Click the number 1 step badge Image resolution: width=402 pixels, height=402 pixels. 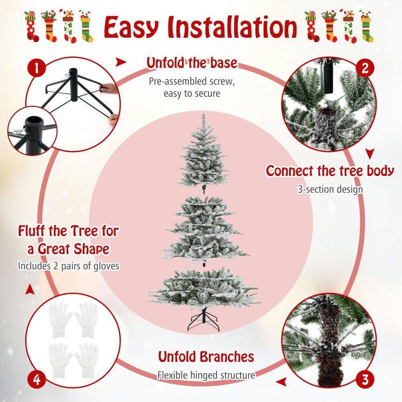(x=37, y=69)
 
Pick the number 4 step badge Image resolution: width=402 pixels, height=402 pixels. (x=37, y=379)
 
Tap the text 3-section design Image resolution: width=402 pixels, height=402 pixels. (x=330, y=189)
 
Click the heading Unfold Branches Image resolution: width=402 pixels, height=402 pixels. (x=205, y=357)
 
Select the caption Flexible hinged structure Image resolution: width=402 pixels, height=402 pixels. (x=206, y=375)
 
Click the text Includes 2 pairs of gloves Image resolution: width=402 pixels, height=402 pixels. (x=69, y=266)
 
